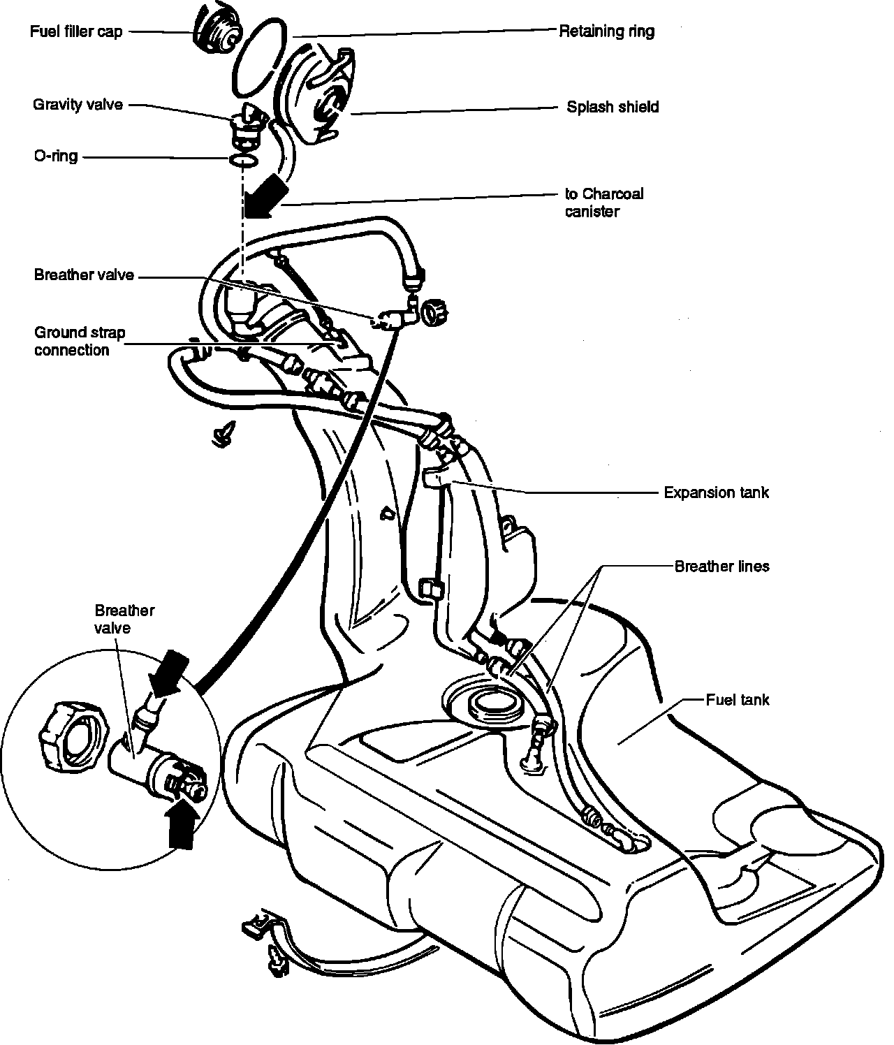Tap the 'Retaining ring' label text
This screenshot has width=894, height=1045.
tap(606, 31)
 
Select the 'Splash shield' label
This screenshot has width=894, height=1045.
tap(613, 107)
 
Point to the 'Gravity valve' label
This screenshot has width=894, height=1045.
tap(78, 105)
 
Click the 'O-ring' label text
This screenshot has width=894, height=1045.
tap(55, 156)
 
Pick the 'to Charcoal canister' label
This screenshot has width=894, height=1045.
tap(603, 203)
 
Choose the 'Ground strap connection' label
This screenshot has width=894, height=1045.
tap(80, 342)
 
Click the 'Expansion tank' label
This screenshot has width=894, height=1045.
tap(716, 492)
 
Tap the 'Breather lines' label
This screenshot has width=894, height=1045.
tap(721, 566)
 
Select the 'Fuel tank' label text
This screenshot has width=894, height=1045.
tap(737, 699)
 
